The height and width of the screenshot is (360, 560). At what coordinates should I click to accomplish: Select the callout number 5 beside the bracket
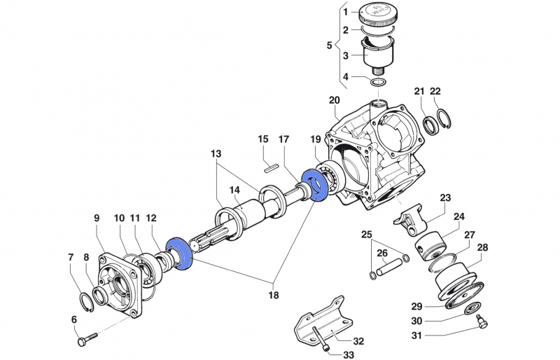coord(330,46)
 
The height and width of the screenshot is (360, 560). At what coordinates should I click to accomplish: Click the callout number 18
coord(273,295)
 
